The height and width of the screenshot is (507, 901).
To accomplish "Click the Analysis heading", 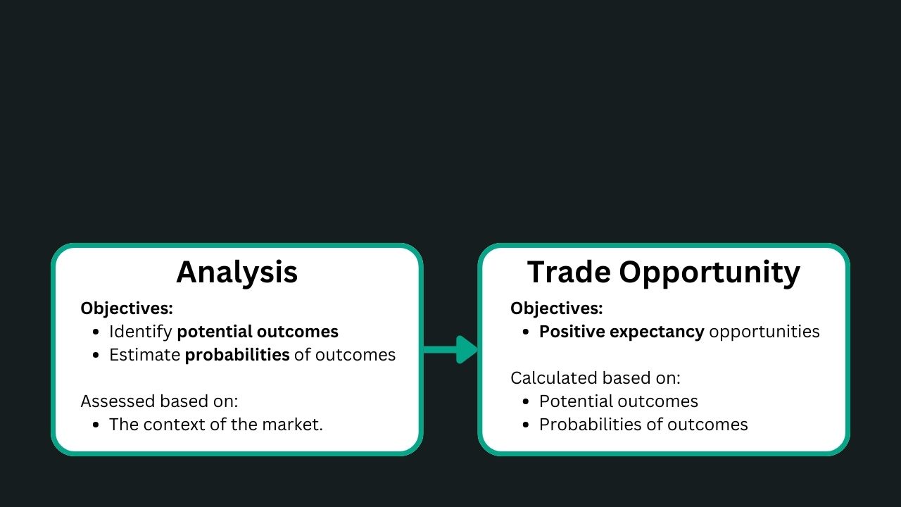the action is (x=237, y=273).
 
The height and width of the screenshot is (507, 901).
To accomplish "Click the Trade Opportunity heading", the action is (x=664, y=273).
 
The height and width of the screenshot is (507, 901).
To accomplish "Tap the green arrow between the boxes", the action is (x=450, y=349).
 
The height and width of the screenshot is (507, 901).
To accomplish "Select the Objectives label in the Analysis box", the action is (x=127, y=308).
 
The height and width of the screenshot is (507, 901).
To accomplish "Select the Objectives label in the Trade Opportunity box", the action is (x=557, y=308).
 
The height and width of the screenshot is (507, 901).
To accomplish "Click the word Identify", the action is (x=141, y=332).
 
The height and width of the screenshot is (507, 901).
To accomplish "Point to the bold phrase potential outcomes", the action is (x=258, y=332).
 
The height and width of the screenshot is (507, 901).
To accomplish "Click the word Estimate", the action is (x=145, y=355).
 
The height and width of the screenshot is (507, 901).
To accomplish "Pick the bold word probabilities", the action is (x=237, y=355).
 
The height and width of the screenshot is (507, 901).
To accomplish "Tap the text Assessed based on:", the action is (x=159, y=401).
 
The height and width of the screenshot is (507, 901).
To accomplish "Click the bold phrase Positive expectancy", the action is (x=622, y=332).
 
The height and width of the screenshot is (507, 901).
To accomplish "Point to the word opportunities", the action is (x=764, y=332).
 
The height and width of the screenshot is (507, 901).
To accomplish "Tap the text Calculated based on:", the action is (x=596, y=378).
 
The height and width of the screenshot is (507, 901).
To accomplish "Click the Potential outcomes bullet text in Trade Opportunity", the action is (x=619, y=401).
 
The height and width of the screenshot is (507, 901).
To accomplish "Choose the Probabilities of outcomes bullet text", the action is (x=643, y=425).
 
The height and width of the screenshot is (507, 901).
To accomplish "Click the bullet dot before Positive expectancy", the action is (x=526, y=332).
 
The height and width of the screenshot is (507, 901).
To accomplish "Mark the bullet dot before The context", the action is (x=96, y=425).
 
